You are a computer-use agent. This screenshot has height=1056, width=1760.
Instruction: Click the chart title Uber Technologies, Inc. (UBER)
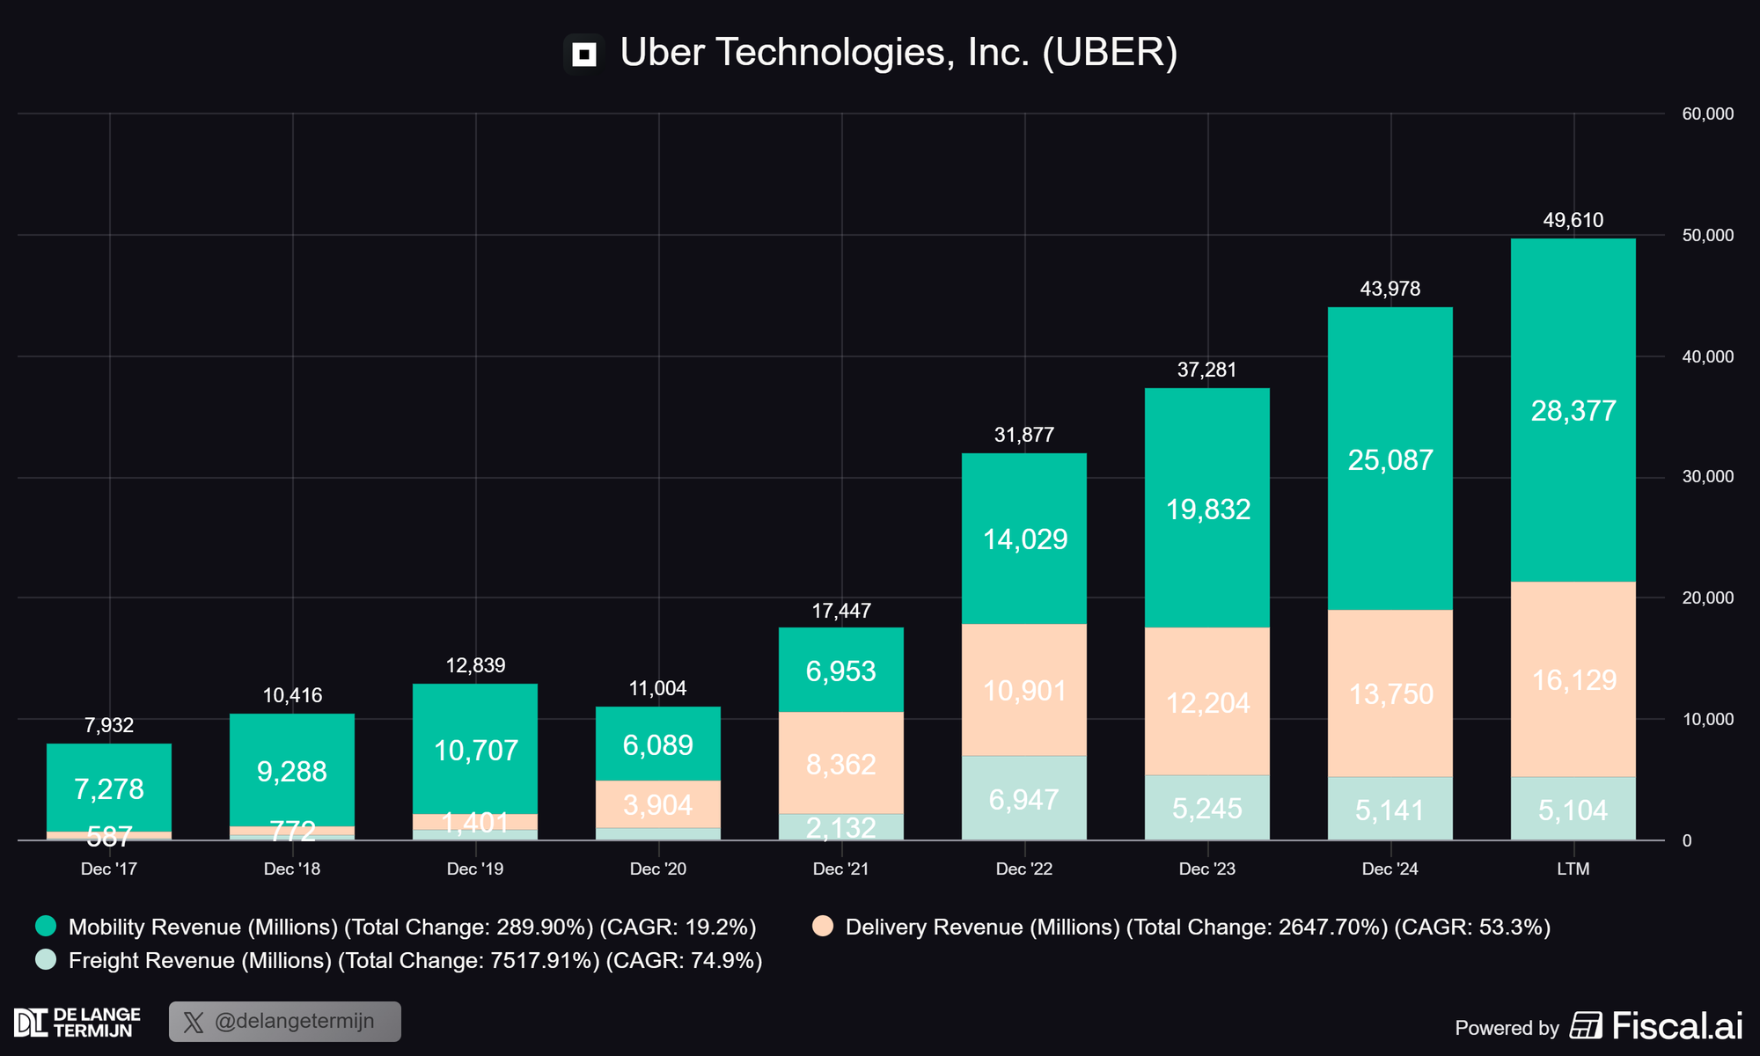(898, 53)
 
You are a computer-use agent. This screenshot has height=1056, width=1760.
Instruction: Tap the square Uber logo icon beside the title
(583, 55)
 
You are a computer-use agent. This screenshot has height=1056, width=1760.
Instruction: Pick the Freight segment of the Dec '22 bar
(1023, 798)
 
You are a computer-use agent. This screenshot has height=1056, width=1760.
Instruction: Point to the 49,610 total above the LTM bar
(1573, 220)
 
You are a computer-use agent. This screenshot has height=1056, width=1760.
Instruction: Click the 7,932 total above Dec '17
(109, 725)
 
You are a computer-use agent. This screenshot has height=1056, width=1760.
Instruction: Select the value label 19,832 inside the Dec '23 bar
(1207, 510)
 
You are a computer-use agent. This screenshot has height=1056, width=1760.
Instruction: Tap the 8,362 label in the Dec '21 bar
(840, 764)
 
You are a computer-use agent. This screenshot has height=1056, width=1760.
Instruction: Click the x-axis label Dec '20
(657, 869)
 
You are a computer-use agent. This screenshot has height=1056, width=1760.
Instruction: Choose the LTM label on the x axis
(1573, 869)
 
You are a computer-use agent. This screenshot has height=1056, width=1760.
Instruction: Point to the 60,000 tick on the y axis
(1707, 114)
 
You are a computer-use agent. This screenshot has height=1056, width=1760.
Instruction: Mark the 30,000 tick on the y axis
(1707, 477)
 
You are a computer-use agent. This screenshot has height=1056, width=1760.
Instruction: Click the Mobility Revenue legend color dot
(46, 926)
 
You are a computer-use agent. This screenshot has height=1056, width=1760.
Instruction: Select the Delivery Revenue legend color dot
(823, 926)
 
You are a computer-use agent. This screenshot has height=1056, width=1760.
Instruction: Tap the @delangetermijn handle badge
(285, 1022)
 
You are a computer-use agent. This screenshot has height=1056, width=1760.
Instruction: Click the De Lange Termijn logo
(77, 1023)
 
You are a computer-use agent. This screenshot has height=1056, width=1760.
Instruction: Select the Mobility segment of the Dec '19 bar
(475, 749)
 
